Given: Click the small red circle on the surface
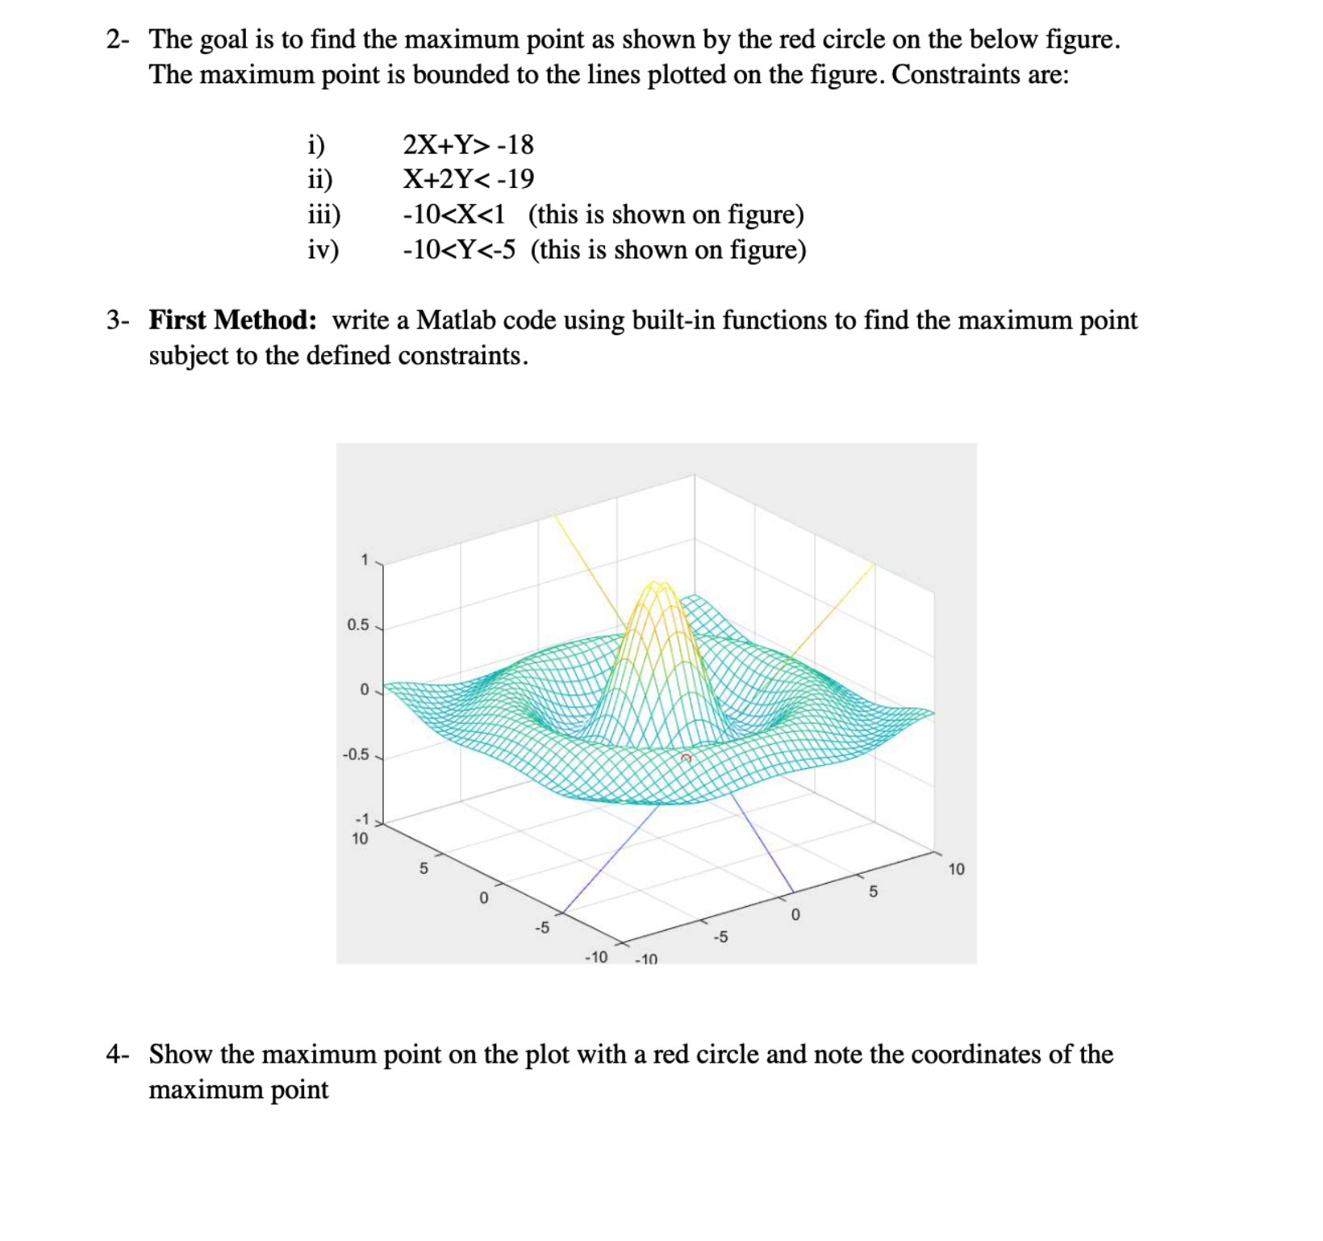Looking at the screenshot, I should pyautogui.click(x=686, y=758).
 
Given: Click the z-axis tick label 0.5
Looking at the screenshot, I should pyautogui.click(x=357, y=625).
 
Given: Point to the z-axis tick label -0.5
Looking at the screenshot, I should pyautogui.click(x=355, y=755).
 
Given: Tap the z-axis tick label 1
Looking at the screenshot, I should pyautogui.click(x=365, y=560).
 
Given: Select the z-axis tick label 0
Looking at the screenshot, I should pyautogui.click(x=364, y=690).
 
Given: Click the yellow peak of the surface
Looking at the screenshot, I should pyautogui.click(x=660, y=587).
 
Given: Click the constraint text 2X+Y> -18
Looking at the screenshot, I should pyautogui.click(x=468, y=144).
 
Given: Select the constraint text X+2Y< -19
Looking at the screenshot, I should pyautogui.click(x=468, y=178).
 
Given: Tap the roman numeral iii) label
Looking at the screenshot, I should pyautogui.click(x=324, y=215).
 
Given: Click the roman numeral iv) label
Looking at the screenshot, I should pyautogui.click(x=323, y=250).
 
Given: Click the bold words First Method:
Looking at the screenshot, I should pyautogui.click(x=232, y=320).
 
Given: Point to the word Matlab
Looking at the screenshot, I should pyautogui.click(x=456, y=320).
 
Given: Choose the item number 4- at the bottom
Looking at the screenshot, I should pyautogui.click(x=118, y=1055).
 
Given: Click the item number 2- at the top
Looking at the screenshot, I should pyautogui.click(x=118, y=39).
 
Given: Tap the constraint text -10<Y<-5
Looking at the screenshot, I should pyautogui.click(x=459, y=250).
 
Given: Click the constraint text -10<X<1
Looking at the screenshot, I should pyautogui.click(x=454, y=215).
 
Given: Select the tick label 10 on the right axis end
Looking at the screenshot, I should pyautogui.click(x=956, y=869).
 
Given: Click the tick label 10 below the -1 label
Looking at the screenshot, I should pyautogui.click(x=360, y=839).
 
